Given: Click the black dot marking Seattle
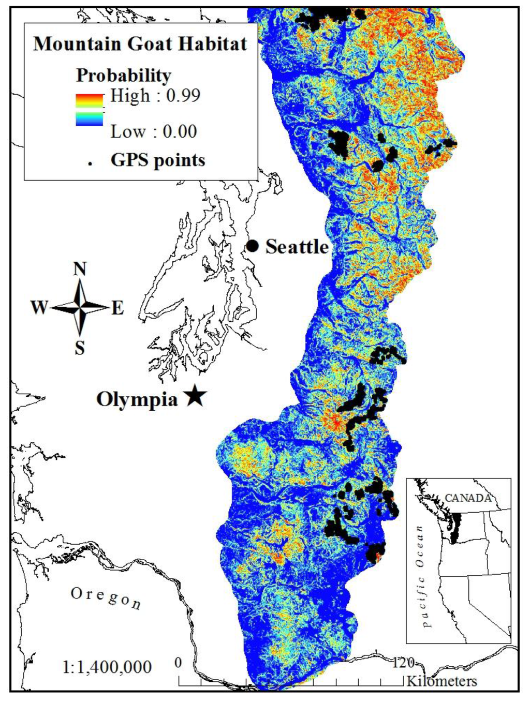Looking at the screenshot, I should point(252,246).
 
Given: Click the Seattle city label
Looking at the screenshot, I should point(297,247).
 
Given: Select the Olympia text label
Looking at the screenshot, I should point(137,399).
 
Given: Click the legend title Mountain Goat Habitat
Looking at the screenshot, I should point(140,43).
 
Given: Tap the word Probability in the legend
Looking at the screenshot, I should point(123,76).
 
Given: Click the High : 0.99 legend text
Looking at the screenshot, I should point(155,96).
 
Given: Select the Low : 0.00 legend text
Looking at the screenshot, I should point(154,131).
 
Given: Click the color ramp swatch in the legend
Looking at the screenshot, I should point(90,110).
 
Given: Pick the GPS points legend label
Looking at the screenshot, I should point(158,160).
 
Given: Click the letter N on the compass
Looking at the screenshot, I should point(80,269).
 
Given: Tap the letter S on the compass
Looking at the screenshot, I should point(80,348).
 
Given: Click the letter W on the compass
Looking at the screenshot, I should point(39,308).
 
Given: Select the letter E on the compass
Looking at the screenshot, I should point(117,309).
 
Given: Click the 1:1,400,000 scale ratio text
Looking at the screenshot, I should point(107,667).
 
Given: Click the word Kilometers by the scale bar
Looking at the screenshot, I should point(441,681).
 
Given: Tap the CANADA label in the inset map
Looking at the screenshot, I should point(468,498).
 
